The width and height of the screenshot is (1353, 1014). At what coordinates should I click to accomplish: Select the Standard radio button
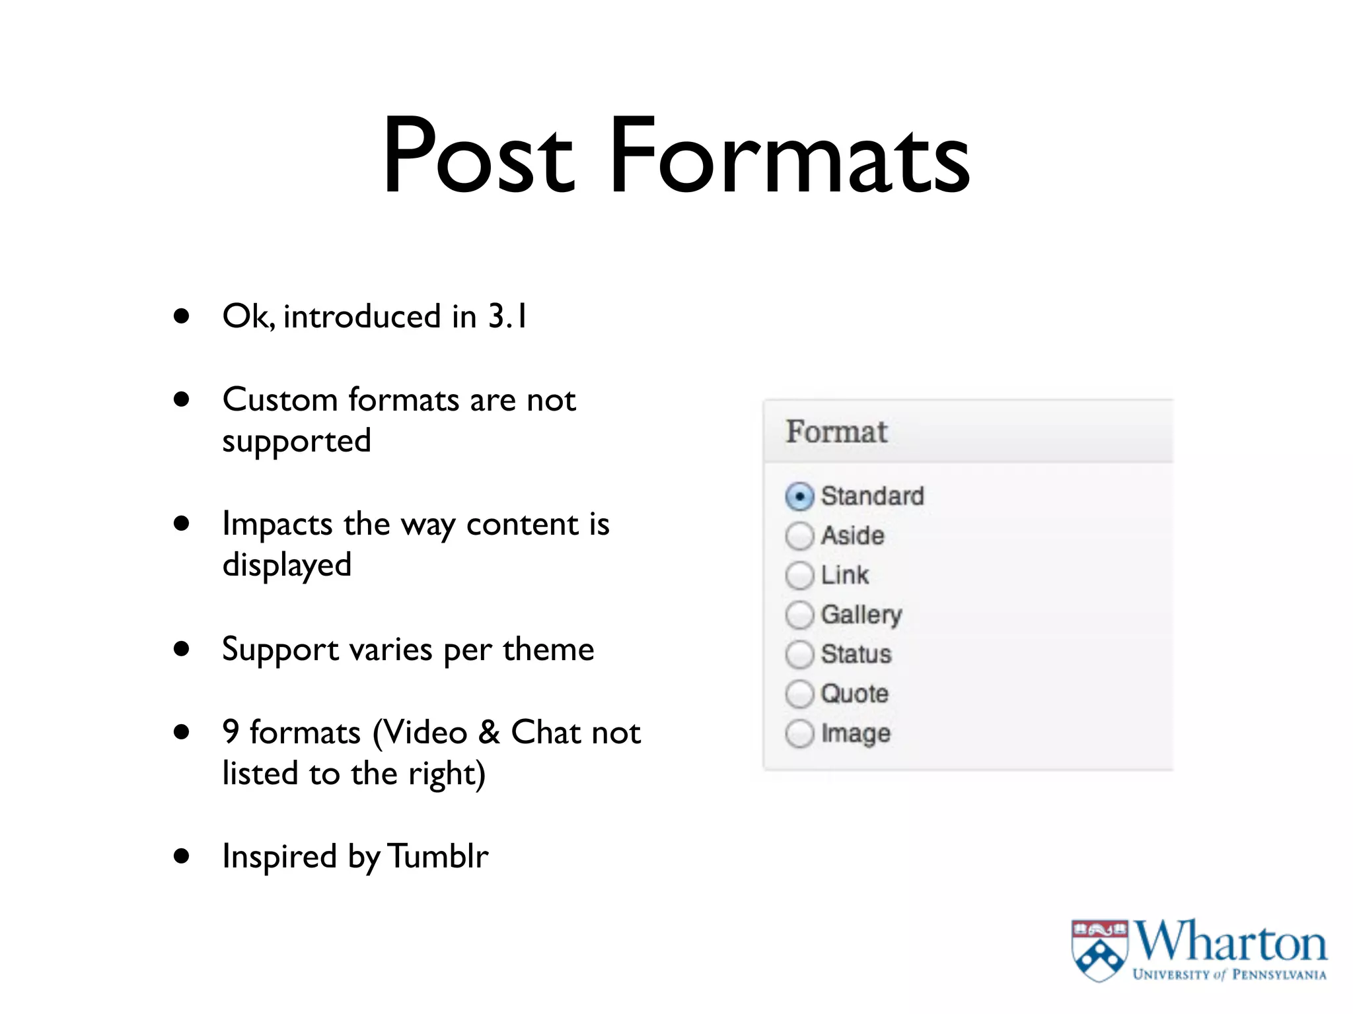799,496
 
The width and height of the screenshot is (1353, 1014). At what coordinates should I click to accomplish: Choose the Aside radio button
799,536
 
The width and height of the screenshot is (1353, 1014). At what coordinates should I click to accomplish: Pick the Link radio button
799,576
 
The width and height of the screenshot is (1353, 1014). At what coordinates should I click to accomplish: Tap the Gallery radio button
799,615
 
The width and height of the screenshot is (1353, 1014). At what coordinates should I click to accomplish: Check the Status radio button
799,655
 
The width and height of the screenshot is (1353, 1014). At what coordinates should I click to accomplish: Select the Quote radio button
799,694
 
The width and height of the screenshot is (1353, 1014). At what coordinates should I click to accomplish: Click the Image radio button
799,733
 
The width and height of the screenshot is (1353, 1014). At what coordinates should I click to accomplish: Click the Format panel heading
836,432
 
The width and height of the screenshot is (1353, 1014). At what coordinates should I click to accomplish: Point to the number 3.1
507,316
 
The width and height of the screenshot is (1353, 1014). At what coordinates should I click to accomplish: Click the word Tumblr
438,856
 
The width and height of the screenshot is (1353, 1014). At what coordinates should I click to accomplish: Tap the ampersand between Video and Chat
489,733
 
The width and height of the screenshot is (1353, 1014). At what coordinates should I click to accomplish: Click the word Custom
280,400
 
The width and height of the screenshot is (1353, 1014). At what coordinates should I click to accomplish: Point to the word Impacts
277,525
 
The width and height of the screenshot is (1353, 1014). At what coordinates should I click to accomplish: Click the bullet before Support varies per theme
182,648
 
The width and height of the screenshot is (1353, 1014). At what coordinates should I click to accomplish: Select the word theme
548,650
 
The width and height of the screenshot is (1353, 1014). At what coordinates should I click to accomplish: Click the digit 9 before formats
231,732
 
